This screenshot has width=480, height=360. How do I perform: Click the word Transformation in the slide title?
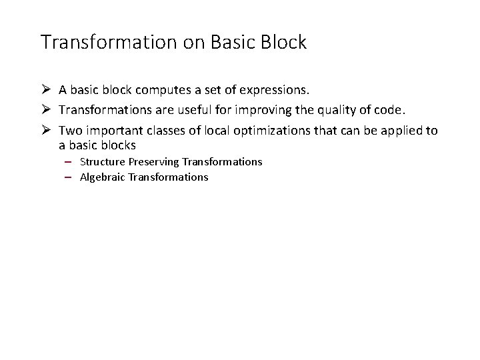click(x=109, y=42)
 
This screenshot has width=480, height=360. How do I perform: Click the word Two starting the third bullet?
click(x=69, y=131)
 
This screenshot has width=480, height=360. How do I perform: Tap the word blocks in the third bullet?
click(x=119, y=145)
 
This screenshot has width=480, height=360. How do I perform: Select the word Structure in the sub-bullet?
click(x=103, y=162)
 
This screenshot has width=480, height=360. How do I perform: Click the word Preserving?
click(x=153, y=162)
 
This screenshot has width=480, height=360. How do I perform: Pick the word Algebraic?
click(x=103, y=177)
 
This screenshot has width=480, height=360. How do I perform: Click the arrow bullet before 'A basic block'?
click(x=46, y=89)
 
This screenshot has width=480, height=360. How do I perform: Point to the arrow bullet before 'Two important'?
click(x=46, y=131)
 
